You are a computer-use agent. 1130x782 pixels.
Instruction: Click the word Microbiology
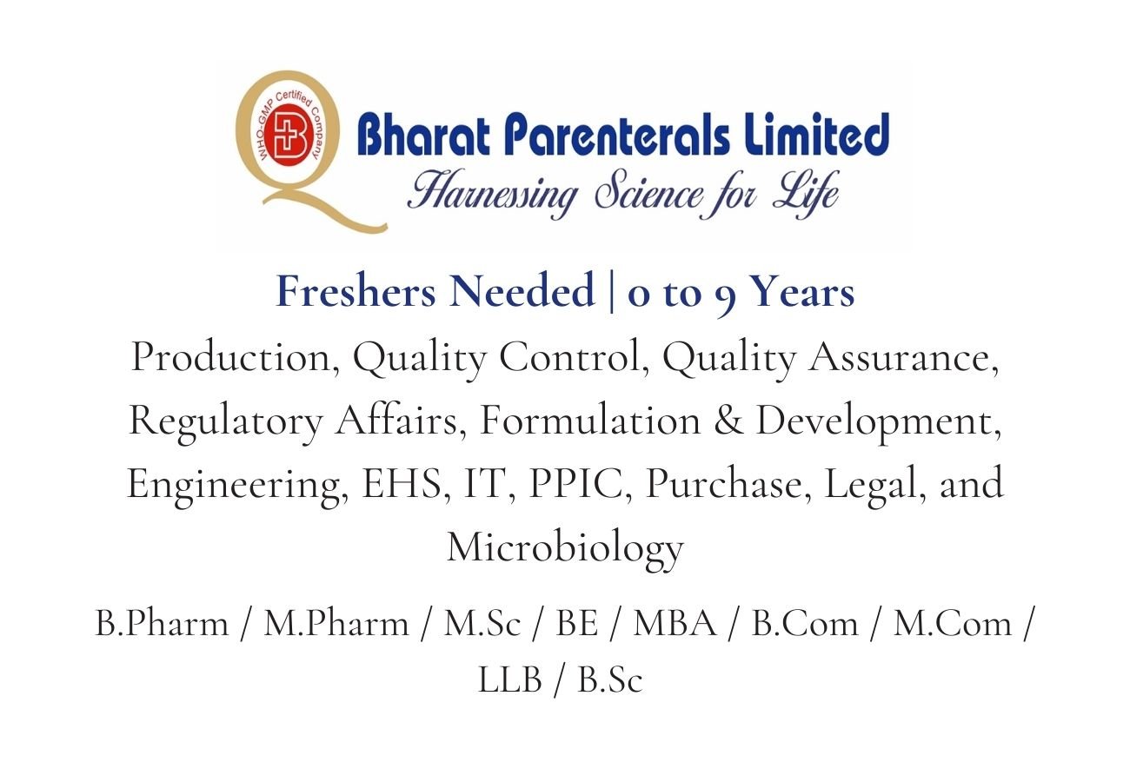[565, 547]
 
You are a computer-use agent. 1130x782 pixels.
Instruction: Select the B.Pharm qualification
[161, 624]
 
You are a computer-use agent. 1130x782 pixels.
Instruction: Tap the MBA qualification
[675, 624]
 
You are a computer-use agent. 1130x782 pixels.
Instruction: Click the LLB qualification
[509, 680]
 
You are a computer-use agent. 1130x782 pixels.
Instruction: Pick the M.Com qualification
[953, 624]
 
